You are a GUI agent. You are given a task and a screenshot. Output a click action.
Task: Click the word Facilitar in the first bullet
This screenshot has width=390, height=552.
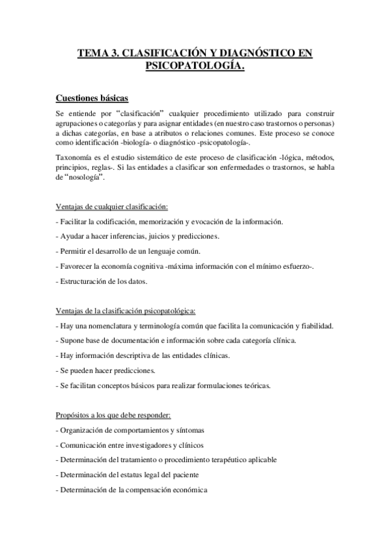(x=76, y=222)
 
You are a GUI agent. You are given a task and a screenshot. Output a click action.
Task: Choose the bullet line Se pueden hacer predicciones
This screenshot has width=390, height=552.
(x=105, y=370)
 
